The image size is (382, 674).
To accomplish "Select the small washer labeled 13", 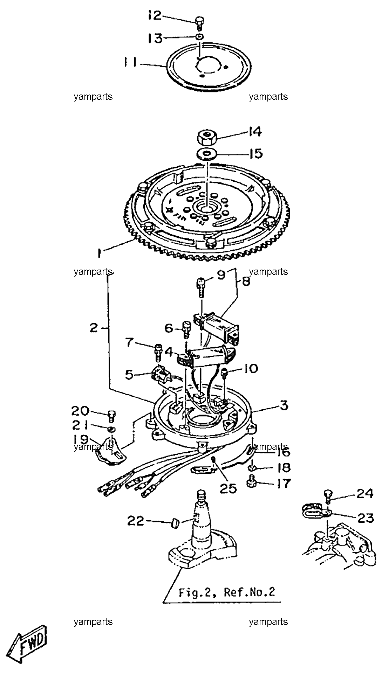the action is (x=200, y=37).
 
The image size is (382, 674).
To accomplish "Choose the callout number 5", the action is (x=129, y=375).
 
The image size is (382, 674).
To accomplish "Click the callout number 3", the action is (x=284, y=405).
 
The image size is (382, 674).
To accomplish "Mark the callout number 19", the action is (x=81, y=439).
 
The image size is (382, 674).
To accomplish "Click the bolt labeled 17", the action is (x=251, y=483).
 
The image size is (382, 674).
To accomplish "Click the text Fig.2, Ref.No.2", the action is (x=227, y=592).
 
